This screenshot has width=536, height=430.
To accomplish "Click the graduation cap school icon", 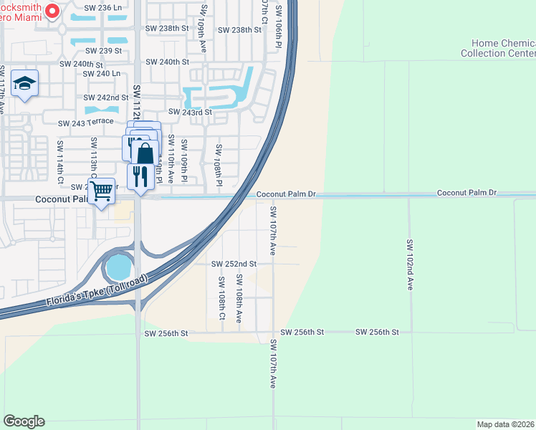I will pos(25,84).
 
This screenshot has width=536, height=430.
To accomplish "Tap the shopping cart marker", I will pos(102,191).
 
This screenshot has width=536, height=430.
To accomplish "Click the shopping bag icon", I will pos(145,153).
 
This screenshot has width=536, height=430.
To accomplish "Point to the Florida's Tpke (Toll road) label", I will pos(97,288).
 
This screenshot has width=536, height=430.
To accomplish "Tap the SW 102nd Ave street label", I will pos(411,264).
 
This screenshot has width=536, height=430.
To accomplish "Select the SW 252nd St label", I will pos(234,264).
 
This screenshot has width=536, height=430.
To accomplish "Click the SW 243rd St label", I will pos(190,112).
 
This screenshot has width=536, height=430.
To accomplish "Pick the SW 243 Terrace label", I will pos(85,123).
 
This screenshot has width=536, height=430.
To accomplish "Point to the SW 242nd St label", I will pos(105,97).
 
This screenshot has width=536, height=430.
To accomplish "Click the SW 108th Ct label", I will pos(221,299).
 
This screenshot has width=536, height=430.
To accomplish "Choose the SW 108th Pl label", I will pos(219,163).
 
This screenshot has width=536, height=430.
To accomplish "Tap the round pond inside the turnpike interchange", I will pos(118,268).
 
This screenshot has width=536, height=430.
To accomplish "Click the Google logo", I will pos(24,421).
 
